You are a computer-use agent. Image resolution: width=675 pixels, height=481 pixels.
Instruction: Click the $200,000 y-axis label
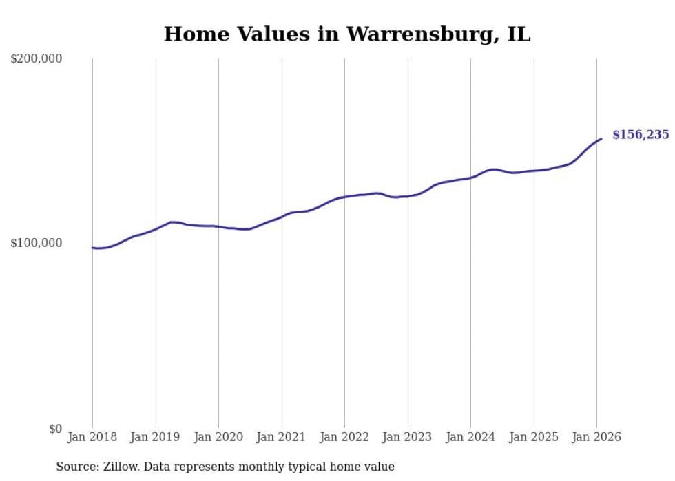[x=37, y=59]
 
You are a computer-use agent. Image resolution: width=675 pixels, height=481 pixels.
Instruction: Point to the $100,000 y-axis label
[x=37, y=243]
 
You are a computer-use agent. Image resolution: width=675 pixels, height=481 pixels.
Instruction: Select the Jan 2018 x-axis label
[x=92, y=437]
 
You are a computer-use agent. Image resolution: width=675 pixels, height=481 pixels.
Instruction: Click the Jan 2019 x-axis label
[x=156, y=437]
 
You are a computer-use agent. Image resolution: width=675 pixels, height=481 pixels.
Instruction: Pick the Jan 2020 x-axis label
[x=218, y=437]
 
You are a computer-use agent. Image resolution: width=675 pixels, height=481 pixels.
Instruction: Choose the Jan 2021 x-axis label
[x=282, y=437]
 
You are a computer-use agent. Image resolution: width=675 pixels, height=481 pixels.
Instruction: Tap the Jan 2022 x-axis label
[x=344, y=437]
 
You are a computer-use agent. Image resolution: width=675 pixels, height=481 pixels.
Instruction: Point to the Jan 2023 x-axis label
[x=408, y=437]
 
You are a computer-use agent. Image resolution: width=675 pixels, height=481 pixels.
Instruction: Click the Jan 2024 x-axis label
[x=470, y=437]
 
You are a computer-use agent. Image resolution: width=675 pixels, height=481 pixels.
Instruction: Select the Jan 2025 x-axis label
[x=534, y=437]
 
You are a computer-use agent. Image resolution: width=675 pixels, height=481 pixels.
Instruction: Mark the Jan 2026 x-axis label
[x=596, y=437]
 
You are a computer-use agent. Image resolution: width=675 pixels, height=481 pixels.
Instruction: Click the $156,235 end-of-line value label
[x=641, y=135]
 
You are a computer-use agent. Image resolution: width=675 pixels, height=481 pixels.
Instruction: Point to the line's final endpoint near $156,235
[x=601, y=139]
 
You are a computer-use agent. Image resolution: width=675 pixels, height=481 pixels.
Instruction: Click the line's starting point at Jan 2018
[x=92, y=248]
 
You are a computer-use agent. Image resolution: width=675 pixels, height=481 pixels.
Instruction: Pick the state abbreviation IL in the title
[x=519, y=34]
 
